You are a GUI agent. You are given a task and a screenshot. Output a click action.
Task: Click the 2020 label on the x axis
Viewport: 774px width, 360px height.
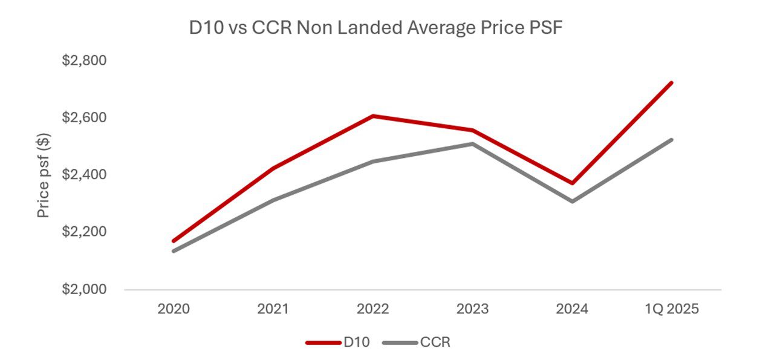coord(174,309)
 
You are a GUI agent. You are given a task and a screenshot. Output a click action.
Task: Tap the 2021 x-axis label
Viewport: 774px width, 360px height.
coord(273,309)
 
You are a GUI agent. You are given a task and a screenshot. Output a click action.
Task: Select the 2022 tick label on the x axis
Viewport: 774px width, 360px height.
coord(373,309)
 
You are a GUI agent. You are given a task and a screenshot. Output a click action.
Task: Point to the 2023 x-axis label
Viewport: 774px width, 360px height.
coord(473,309)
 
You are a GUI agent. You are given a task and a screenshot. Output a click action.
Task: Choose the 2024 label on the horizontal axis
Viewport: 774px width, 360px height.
coord(572,309)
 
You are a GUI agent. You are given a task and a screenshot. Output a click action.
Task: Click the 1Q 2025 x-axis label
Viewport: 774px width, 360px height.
coord(671,309)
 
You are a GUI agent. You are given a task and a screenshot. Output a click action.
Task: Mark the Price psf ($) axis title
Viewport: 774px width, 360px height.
coord(44,175)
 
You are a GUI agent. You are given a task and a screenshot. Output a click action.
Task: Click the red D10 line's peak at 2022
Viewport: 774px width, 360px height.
coord(373,116)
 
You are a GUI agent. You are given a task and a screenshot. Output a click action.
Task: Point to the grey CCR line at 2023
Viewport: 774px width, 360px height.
coord(473,144)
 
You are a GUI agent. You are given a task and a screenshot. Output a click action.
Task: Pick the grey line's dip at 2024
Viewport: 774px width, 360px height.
coord(572,201)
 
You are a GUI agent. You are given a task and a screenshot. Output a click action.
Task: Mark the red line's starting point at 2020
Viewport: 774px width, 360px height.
coord(174,241)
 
